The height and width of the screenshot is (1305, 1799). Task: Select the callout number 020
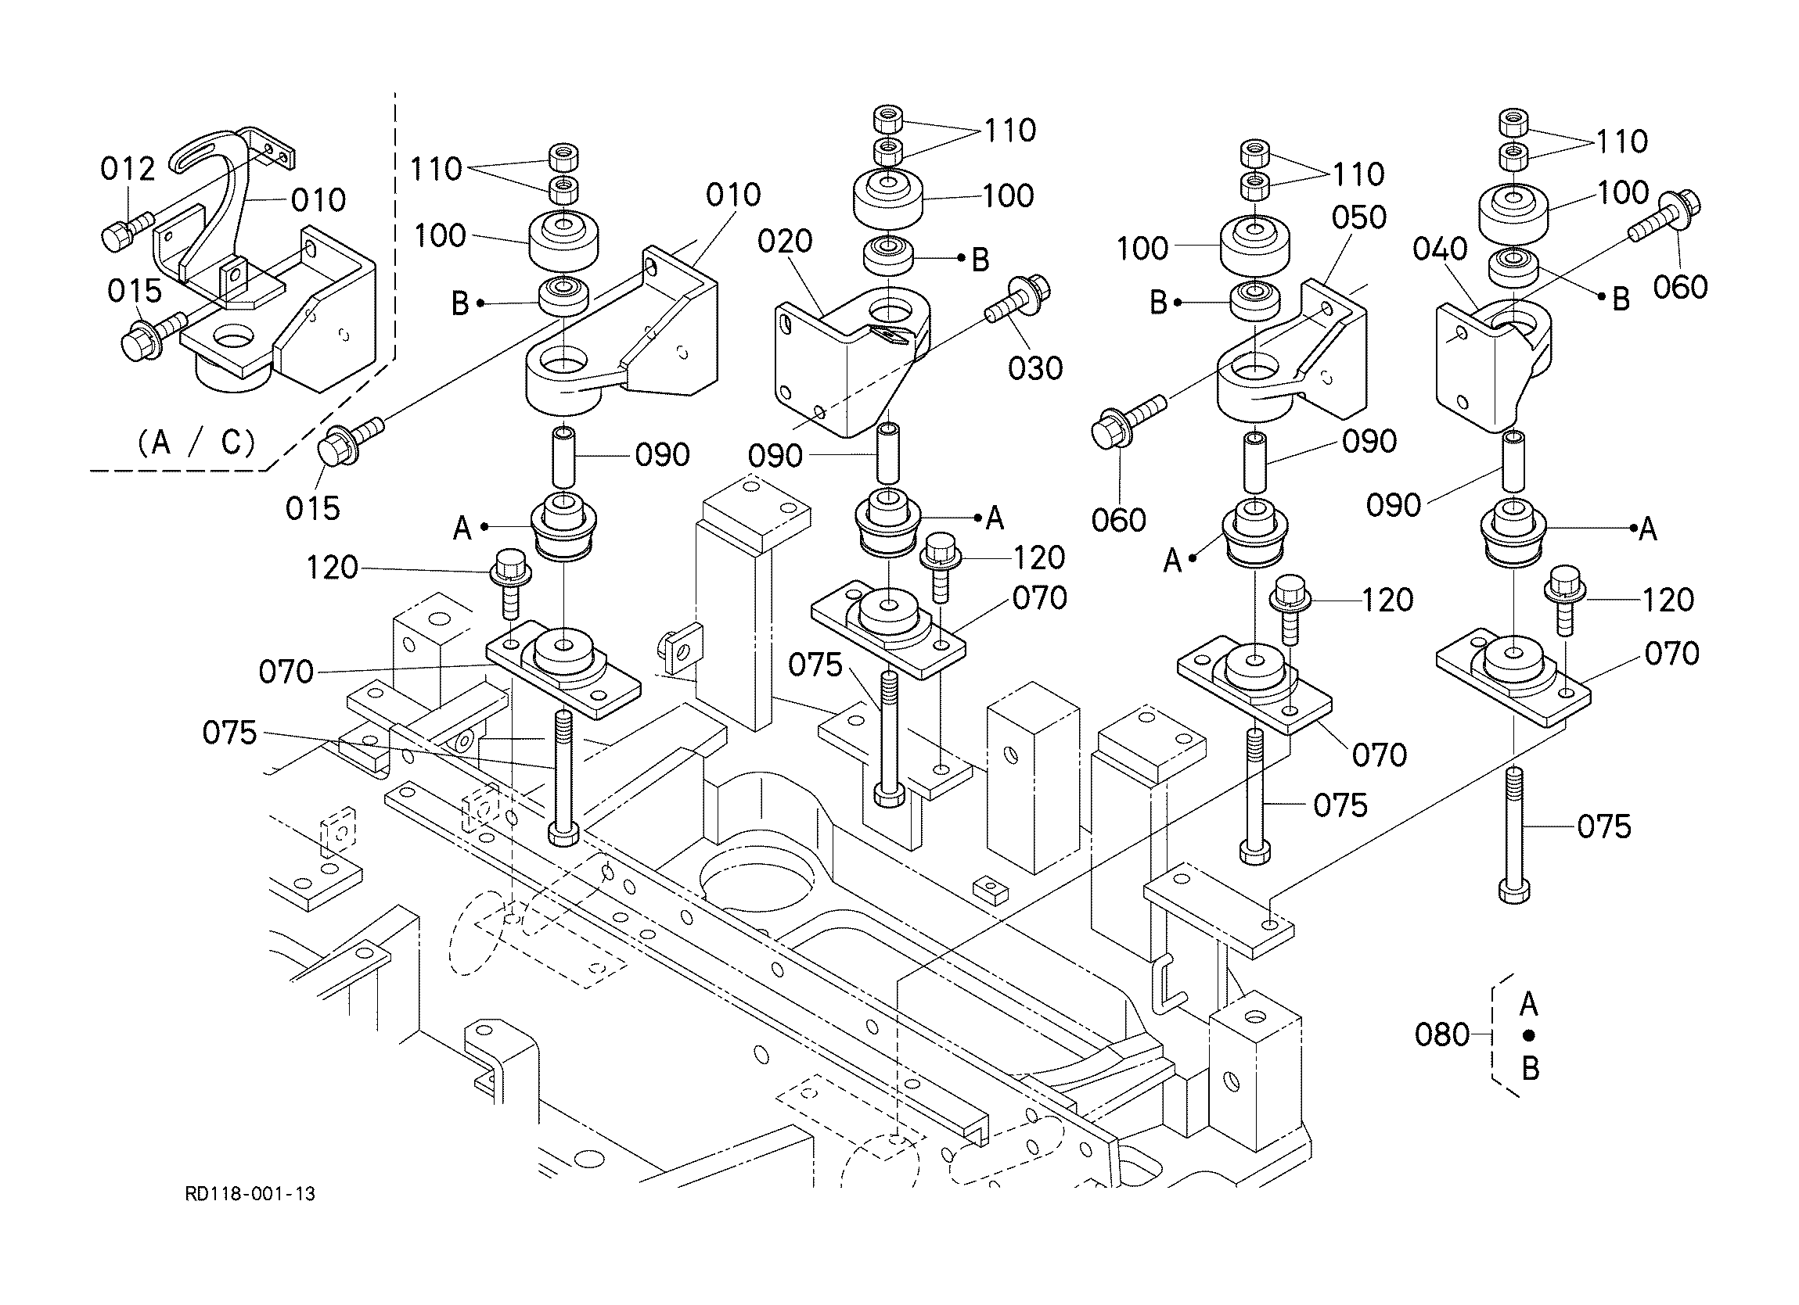(x=785, y=241)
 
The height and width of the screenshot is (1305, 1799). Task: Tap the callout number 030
(x=1035, y=367)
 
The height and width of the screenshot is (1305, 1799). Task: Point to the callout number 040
(x=1440, y=249)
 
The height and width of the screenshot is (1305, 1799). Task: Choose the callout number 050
(x=1358, y=217)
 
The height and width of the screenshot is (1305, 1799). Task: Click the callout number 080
(x=1442, y=1034)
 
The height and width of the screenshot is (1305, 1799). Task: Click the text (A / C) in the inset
(x=196, y=443)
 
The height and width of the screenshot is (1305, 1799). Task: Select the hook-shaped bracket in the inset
(x=222, y=214)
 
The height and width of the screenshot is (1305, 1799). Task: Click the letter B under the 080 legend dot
(x=1530, y=1068)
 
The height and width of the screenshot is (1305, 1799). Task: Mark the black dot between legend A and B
(x=1529, y=1035)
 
